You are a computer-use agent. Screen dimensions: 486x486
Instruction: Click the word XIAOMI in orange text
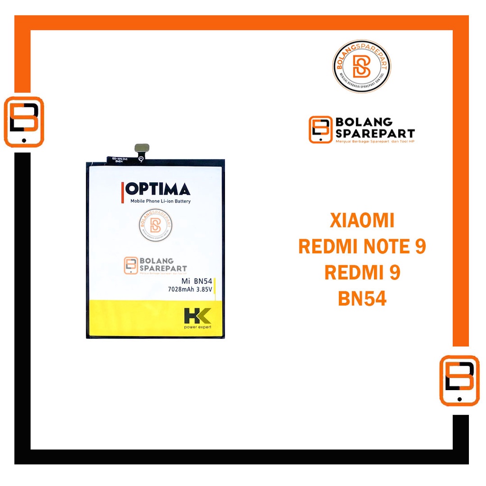[362, 221]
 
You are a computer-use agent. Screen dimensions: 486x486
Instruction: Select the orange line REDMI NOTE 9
[362, 247]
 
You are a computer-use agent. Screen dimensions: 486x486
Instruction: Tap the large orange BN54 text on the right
[362, 299]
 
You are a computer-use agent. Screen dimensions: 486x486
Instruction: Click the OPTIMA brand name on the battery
[159, 189]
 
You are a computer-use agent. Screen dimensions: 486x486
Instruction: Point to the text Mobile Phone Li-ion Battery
[160, 201]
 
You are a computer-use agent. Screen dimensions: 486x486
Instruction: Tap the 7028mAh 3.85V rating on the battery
[193, 290]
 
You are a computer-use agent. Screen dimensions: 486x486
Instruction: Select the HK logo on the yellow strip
[197, 317]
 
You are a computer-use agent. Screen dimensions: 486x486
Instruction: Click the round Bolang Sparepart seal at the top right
[361, 66]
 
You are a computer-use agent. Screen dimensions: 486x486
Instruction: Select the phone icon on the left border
[24, 122]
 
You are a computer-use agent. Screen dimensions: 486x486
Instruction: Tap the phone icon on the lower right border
[459, 381]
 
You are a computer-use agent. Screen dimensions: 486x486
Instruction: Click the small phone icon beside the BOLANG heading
[320, 130]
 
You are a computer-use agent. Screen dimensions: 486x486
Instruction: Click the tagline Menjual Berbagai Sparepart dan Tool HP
[375, 141]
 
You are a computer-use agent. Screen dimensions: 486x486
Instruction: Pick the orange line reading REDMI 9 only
[362, 273]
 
